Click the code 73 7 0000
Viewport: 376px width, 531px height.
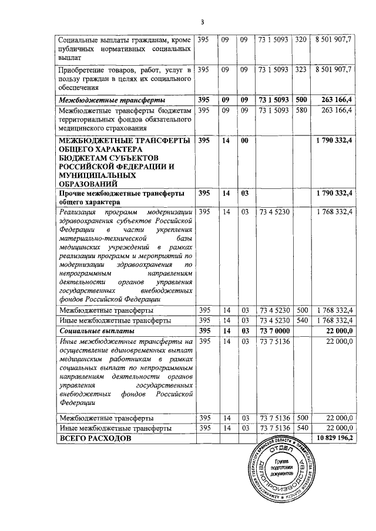[273, 331]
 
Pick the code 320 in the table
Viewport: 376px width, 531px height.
[301, 40]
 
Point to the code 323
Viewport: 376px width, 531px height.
[301, 69]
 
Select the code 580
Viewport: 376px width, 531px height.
[301, 110]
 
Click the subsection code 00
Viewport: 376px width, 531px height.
[245, 141]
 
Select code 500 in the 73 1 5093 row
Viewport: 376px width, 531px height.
[301, 99]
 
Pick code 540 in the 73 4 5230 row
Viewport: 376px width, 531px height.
[301, 320]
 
